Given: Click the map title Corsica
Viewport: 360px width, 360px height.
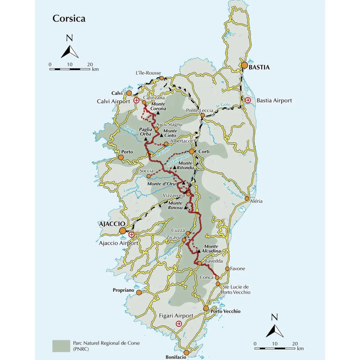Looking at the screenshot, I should click(x=69, y=19).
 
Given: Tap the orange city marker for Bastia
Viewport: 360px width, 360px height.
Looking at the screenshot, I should click(x=244, y=66).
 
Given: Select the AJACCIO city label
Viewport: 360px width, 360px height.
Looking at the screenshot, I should click(x=112, y=224).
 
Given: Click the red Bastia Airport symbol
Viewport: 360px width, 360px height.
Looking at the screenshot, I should click(x=248, y=100).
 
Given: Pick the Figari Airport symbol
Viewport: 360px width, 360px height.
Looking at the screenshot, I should click(x=179, y=324).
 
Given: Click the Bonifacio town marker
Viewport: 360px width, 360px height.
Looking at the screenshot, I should click(x=186, y=352).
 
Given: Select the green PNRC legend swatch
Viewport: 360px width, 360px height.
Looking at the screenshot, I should click(x=61, y=346).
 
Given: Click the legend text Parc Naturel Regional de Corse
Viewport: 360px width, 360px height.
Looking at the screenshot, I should click(x=106, y=343).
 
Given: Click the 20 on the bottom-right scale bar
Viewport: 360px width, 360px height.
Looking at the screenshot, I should click(x=295, y=344).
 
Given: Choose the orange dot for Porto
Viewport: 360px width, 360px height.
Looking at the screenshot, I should click(x=121, y=157).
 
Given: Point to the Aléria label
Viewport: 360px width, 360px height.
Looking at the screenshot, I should click(x=256, y=201).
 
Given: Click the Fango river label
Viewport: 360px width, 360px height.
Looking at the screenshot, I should click(x=130, y=130).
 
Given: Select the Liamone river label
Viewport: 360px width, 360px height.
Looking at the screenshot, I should click(x=132, y=189).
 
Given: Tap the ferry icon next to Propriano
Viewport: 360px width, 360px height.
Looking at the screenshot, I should click(x=137, y=286).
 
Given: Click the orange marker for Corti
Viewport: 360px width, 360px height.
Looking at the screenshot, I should click(x=192, y=152).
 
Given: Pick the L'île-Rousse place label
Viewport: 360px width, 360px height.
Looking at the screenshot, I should click(x=148, y=73).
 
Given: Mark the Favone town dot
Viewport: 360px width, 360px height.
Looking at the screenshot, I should click(x=227, y=269).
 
